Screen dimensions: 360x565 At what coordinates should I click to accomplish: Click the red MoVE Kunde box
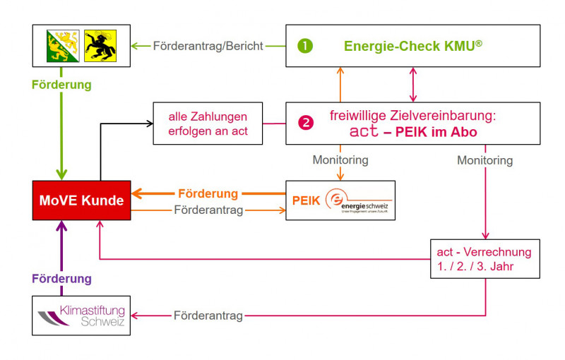82,200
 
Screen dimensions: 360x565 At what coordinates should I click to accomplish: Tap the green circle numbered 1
305,46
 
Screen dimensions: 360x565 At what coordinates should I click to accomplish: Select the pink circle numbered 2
305,122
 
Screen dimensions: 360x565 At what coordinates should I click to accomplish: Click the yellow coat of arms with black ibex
101,46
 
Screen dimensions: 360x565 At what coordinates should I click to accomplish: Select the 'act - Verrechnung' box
484,258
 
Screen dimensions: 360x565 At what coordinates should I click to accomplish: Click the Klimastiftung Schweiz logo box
82,315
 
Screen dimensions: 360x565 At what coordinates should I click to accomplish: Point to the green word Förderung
61,85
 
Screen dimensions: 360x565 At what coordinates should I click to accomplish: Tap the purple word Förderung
61,278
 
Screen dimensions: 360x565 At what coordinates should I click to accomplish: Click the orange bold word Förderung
208,193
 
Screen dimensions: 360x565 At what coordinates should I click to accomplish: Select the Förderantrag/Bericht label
208,46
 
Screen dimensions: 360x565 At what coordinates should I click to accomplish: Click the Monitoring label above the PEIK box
340,160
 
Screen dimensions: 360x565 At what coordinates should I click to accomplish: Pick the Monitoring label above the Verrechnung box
484,160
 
